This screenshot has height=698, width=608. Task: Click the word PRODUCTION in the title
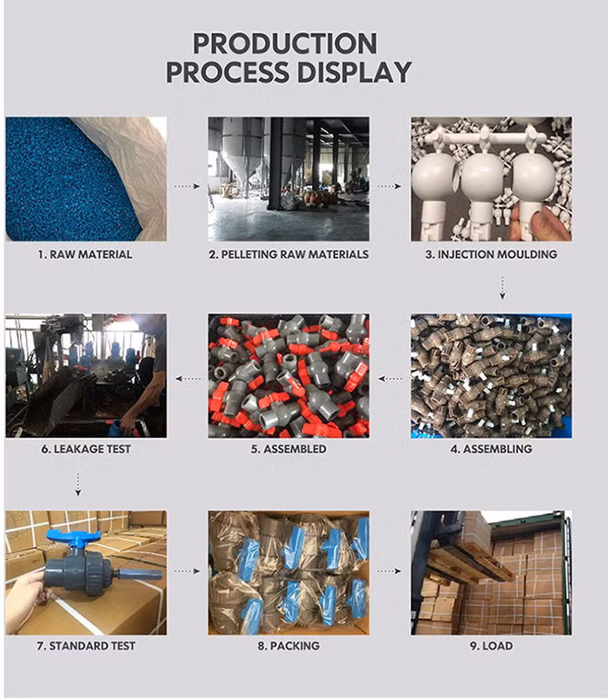pos(285,44)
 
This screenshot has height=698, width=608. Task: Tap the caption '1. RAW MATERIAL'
pos(85,255)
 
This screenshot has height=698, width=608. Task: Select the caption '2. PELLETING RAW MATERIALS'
pos(289,255)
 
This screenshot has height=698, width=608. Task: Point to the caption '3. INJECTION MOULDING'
pos(492,255)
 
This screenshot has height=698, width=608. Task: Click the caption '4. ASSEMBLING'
pos(492,449)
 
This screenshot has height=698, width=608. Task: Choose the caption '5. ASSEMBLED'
pos(289,449)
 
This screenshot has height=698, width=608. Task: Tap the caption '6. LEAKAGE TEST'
pos(86,449)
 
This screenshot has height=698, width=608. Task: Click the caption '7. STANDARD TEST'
pos(86,646)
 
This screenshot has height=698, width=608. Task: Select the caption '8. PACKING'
pos(289,646)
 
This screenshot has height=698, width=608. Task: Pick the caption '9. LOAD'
pos(492,646)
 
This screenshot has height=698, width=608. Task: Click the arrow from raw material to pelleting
pos(187,186)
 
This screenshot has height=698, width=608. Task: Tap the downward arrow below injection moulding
pos(503,287)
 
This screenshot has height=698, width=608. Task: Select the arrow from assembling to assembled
pos(390,379)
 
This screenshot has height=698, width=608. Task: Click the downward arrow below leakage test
pos(78,485)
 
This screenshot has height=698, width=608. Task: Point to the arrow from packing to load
pos(389,571)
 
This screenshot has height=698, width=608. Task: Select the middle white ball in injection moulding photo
pos(483,177)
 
